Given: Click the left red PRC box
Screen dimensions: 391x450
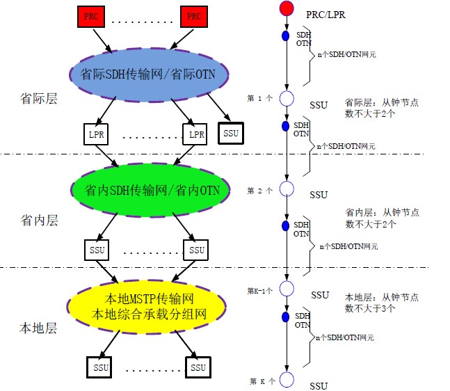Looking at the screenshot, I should (x=89, y=15).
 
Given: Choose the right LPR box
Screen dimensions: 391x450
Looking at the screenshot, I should (x=197, y=133).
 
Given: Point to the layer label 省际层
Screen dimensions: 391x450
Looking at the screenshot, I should (x=38, y=99).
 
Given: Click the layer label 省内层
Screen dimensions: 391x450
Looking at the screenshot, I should (x=39, y=221).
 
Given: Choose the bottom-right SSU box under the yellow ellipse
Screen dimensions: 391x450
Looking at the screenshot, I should (x=198, y=367).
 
